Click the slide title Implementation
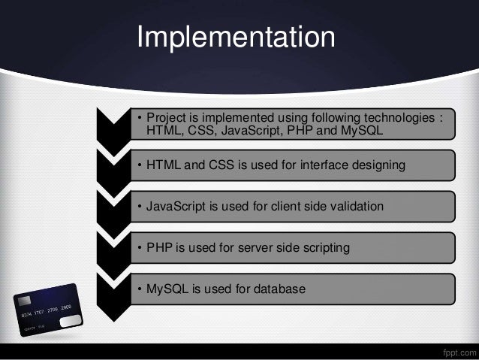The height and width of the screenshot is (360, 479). (x=235, y=38)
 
